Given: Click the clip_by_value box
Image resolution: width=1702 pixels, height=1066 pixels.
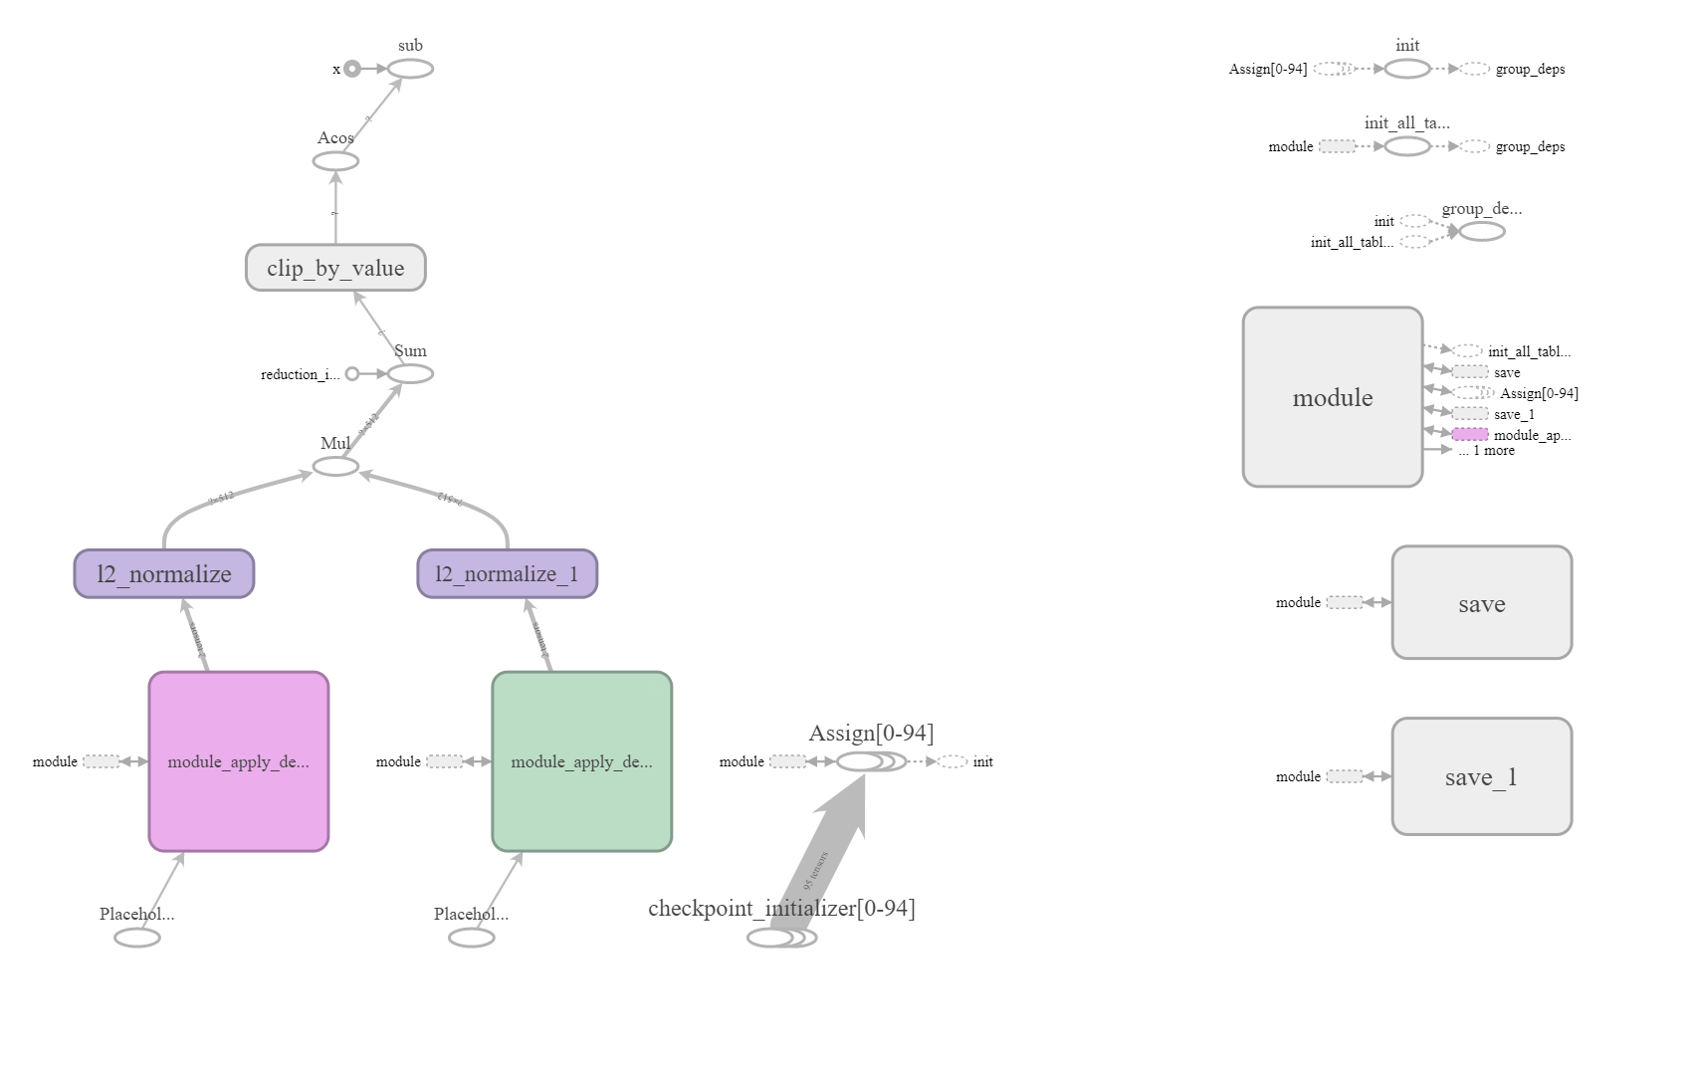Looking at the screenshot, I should point(335,268).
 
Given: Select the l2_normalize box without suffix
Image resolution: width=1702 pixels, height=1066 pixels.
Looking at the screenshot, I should point(164,574).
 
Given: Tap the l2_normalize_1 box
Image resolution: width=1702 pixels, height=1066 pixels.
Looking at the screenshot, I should point(507,574).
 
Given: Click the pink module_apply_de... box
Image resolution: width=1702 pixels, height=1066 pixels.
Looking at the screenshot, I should point(238,761).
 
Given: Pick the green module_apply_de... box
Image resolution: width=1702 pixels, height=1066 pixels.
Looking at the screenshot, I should point(581,761).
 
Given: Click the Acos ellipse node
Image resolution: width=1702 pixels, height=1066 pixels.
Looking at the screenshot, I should point(335,161).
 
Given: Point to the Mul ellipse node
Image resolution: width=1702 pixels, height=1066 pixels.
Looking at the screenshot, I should point(335,467).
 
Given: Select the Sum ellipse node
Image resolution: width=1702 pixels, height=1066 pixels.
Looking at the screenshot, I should point(410,374).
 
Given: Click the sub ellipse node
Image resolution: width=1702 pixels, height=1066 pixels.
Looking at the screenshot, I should point(410,69).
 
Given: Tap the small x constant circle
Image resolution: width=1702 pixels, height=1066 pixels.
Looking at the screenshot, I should point(352,69).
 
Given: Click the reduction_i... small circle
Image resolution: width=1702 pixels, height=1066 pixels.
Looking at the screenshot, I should point(352,374).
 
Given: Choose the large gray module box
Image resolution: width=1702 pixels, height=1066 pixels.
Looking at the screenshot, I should point(1332,397).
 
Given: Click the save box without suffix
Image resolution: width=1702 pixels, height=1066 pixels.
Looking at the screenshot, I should point(1481,602).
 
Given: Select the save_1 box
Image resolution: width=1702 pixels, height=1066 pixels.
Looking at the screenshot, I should point(1481,776).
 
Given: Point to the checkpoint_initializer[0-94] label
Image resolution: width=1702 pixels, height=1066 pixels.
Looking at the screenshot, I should point(781,908).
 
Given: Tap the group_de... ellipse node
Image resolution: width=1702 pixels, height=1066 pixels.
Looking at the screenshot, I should point(1481,232).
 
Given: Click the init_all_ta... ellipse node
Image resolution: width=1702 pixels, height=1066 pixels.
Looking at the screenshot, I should point(1406,146).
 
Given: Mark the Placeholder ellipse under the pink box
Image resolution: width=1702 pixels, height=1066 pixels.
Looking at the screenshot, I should point(137,938).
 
